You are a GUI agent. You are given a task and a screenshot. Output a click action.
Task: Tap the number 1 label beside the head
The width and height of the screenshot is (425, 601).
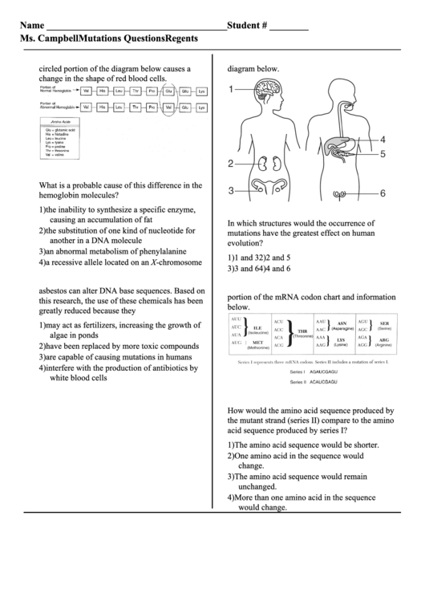(231, 90)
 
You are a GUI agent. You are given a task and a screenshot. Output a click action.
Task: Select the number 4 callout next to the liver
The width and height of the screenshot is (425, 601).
(382, 139)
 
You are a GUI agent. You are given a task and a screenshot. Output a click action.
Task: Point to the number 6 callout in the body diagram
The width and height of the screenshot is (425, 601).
(382, 193)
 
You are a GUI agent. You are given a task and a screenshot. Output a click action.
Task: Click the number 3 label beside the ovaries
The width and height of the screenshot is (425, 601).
(231, 191)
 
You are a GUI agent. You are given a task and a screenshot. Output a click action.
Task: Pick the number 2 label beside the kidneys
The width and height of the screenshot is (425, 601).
(231, 164)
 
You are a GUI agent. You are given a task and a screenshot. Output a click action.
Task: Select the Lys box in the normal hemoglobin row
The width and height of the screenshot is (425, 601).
(201, 92)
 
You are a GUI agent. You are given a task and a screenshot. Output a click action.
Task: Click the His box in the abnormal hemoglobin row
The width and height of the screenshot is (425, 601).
(102, 107)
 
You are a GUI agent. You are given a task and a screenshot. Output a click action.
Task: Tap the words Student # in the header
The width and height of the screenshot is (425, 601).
(247, 26)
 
